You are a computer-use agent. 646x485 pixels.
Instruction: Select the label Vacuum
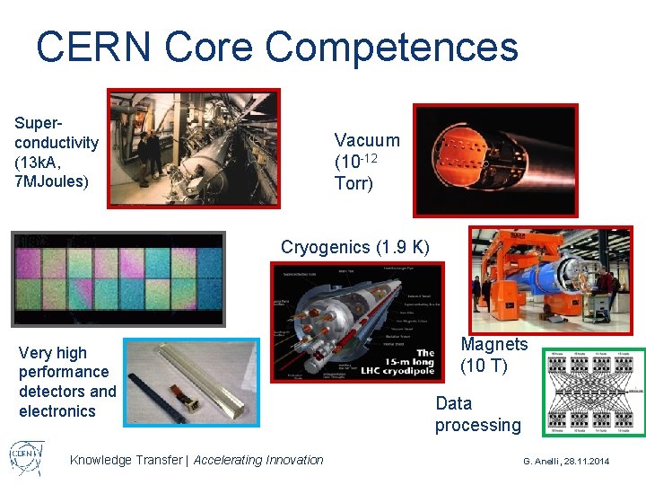click(x=367, y=140)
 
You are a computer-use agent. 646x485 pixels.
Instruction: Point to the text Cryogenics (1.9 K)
click(x=355, y=246)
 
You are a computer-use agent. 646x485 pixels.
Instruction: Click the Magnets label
click(x=494, y=345)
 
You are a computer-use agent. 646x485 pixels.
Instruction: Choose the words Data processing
click(x=477, y=414)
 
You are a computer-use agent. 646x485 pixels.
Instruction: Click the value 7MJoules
click(x=51, y=182)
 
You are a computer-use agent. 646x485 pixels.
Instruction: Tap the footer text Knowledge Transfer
click(x=125, y=460)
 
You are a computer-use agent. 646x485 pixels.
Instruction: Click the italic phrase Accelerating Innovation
click(x=258, y=460)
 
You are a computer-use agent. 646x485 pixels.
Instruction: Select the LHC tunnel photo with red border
click(x=193, y=148)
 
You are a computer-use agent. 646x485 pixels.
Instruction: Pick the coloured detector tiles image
click(x=118, y=278)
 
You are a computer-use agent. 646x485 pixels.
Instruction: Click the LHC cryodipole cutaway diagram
click(x=357, y=321)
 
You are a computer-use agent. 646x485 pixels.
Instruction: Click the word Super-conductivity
click(x=57, y=133)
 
